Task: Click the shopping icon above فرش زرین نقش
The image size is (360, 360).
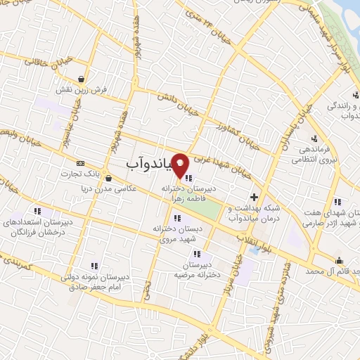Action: (x=83, y=79)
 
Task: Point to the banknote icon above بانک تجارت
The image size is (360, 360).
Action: (x=80, y=163)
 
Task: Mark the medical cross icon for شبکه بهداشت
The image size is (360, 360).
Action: (x=254, y=197)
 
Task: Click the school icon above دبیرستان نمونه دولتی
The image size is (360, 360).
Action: (x=94, y=265)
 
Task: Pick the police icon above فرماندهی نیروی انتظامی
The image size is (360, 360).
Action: (x=314, y=138)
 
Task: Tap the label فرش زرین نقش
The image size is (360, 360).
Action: (x=83, y=91)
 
